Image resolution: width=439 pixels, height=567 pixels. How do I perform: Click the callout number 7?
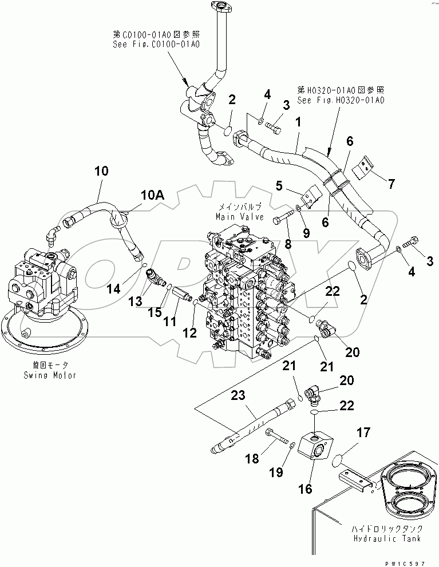pyautogui.click(x=391, y=184)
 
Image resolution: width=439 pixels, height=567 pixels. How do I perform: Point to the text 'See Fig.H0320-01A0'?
pyautogui.click(x=341, y=100)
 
